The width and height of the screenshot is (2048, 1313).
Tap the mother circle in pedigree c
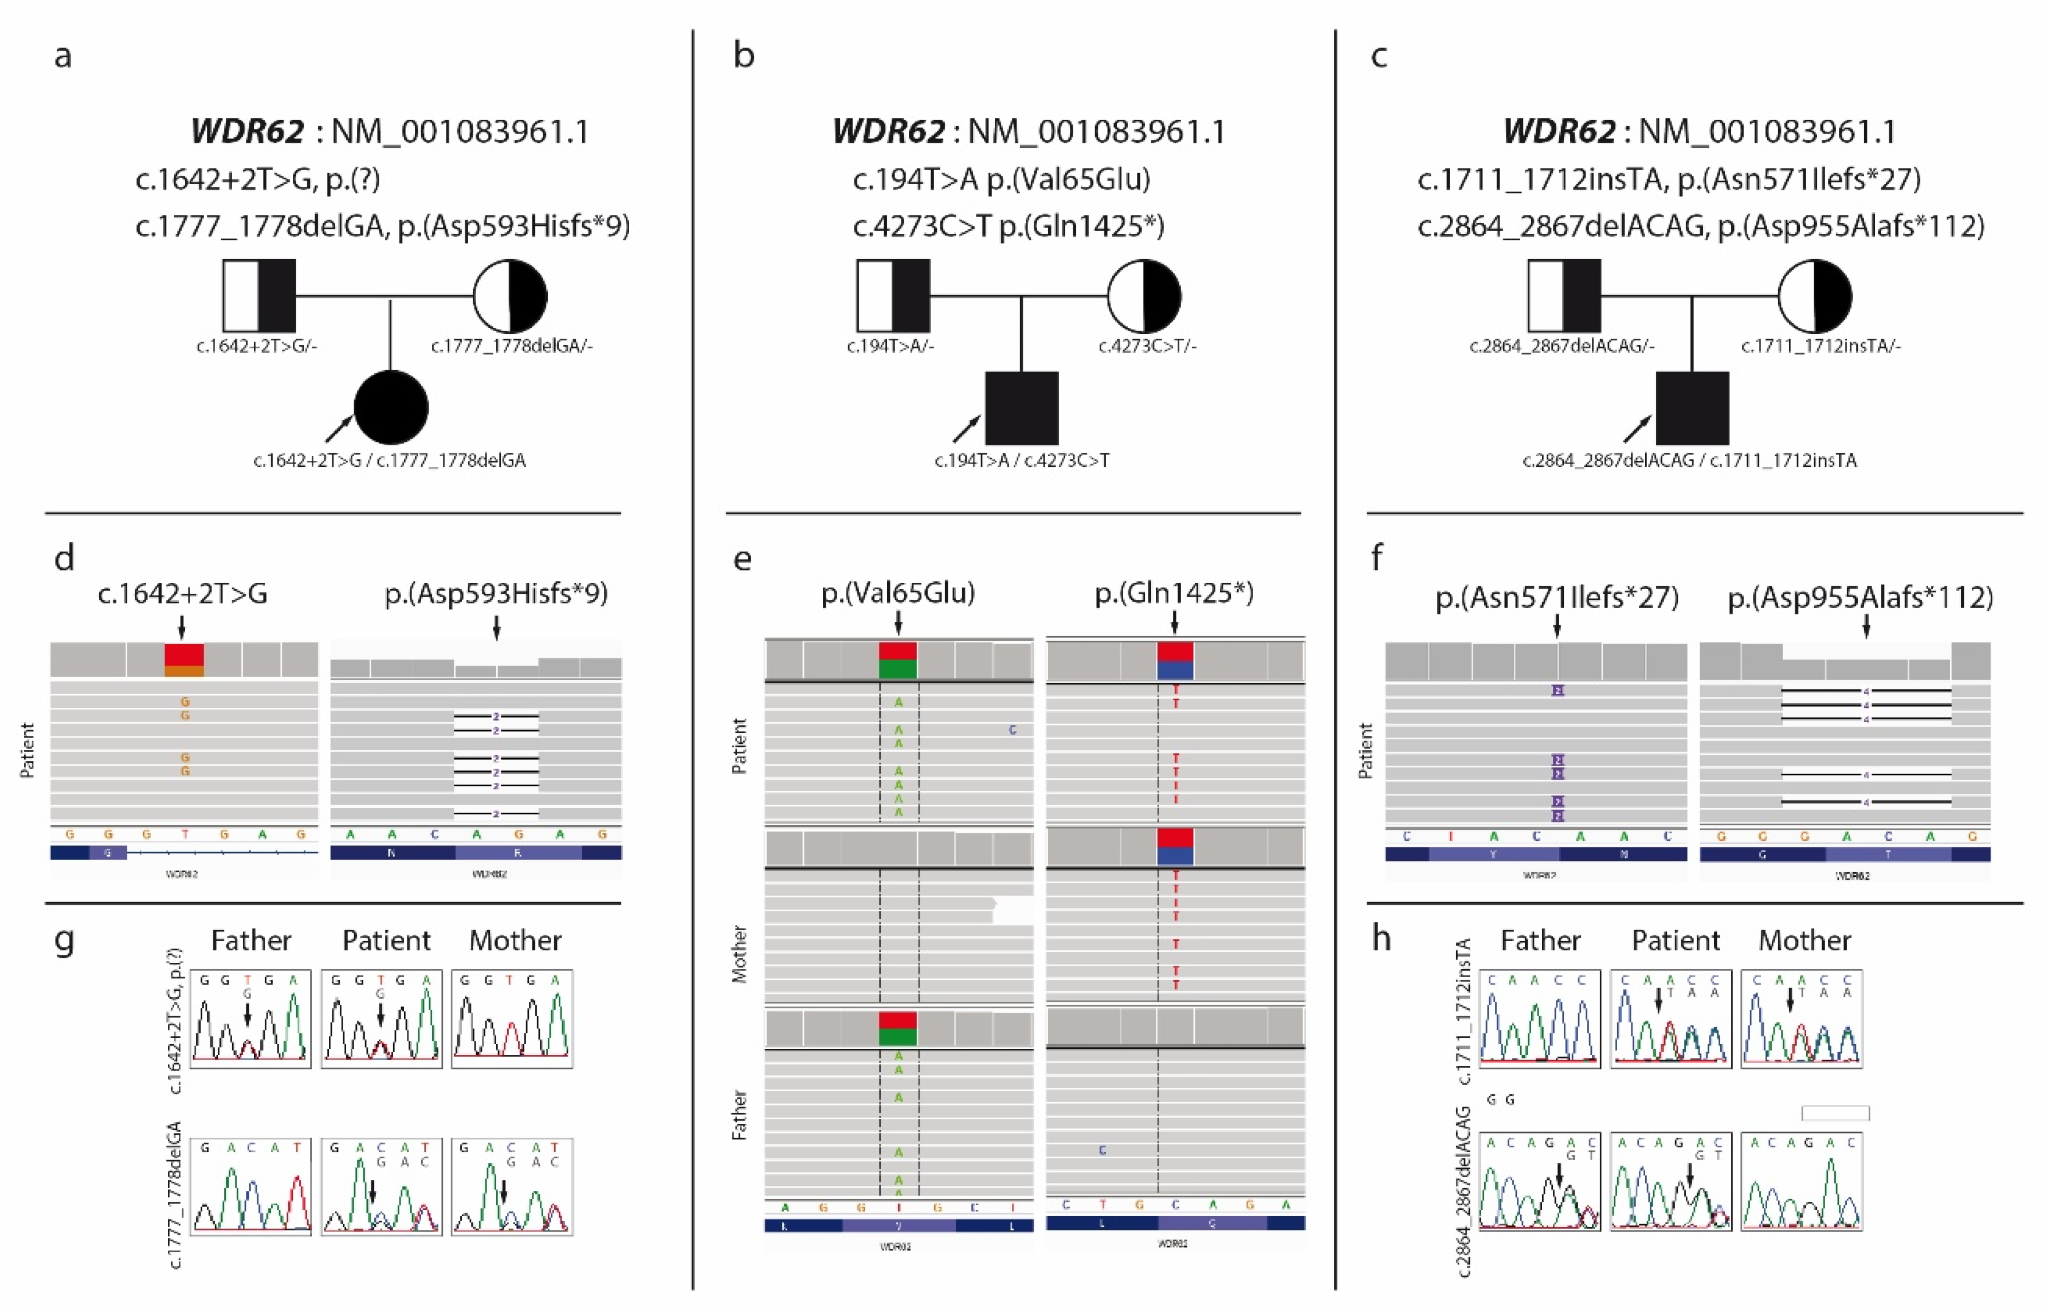pos(1814,296)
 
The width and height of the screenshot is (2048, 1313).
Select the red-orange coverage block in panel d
pos(184,660)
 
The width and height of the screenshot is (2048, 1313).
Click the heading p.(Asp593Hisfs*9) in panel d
pos(496,593)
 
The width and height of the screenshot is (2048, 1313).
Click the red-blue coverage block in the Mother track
pos(1175,846)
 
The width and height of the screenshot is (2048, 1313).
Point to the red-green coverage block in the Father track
pos(897,1028)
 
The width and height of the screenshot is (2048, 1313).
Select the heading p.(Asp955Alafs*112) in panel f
pos(1859,598)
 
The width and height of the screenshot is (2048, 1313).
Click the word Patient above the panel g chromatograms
pos(386,940)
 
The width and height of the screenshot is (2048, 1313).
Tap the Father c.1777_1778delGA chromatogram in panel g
pos(250,1187)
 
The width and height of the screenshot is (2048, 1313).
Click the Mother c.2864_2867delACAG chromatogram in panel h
pos(1801,1182)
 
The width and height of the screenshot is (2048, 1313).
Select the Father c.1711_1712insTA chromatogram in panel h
pos(1539,1018)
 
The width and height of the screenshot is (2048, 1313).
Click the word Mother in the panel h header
pos(1804,940)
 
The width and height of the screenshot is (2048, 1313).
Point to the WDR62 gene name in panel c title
pos(1558,131)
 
